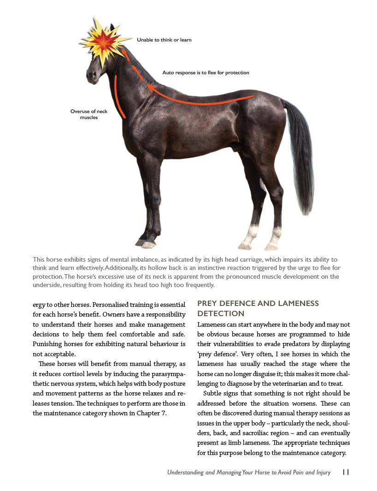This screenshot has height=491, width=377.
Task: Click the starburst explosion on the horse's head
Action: pyautogui.click(x=104, y=42)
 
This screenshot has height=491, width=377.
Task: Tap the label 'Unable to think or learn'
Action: pyautogui.click(x=164, y=40)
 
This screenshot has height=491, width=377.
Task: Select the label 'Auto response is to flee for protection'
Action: pyautogui.click(x=206, y=73)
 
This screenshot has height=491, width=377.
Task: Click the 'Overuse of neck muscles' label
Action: pyautogui.click(x=89, y=114)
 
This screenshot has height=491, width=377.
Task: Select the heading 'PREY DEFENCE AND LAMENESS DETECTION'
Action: pyautogui.click(x=258, y=308)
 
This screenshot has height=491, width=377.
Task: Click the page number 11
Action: pyautogui.click(x=346, y=473)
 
